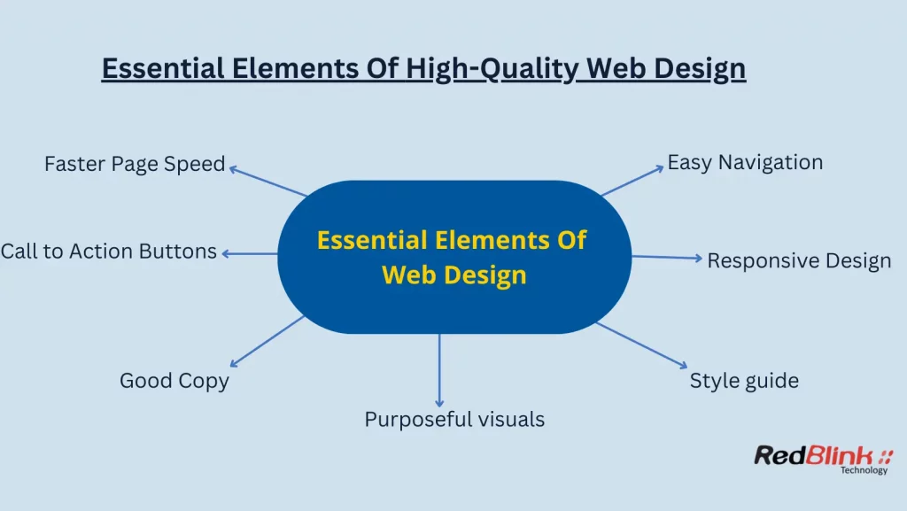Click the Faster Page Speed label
[135, 165]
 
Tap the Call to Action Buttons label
[108, 252]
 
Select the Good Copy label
[174, 381]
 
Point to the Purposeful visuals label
[454, 419]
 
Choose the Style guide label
[744, 381]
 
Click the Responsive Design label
[799, 261]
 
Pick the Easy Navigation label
[745, 163]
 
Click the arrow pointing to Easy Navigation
[632, 180]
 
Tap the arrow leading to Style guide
[641, 345]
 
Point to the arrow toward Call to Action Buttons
[250, 253]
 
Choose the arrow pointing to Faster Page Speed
[267, 181]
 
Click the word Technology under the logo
[864, 471]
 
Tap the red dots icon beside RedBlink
[886, 456]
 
